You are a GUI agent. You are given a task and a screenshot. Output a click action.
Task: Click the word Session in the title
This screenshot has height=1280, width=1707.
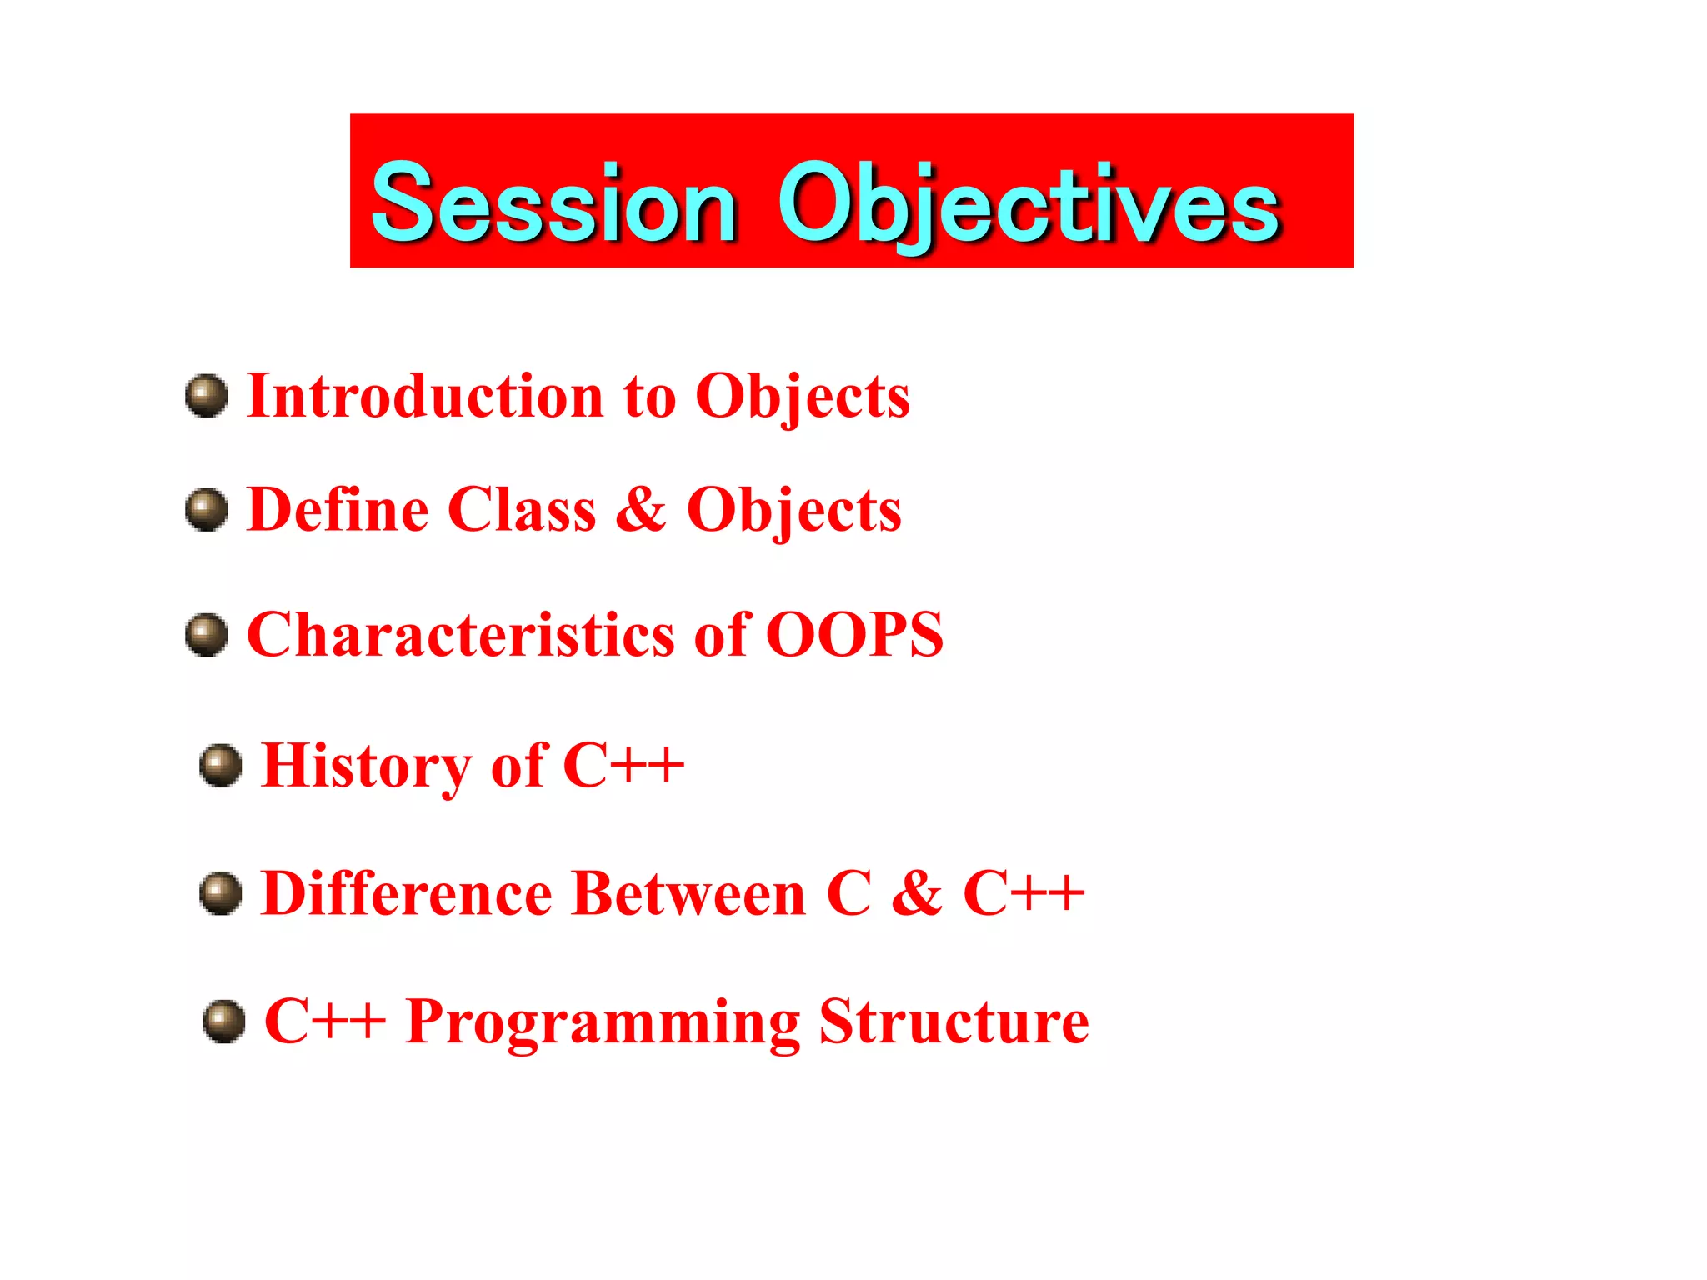click(x=554, y=204)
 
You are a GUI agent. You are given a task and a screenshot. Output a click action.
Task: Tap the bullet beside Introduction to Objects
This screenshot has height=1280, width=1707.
click(x=207, y=396)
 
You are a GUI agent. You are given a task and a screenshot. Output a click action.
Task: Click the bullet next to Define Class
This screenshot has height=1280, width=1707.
click(x=207, y=509)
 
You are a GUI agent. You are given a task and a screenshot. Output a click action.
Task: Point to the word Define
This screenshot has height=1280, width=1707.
click(x=337, y=509)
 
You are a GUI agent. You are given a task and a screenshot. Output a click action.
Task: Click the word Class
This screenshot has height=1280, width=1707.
click(x=522, y=509)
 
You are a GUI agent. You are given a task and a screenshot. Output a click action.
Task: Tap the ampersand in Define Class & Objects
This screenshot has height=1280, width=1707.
click(x=640, y=509)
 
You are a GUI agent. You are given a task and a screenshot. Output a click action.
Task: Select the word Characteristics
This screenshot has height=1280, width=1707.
click(x=460, y=635)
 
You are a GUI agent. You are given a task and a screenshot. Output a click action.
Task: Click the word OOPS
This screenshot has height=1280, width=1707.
click(x=854, y=635)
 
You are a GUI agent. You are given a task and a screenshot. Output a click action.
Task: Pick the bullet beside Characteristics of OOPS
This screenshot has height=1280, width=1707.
click(x=207, y=635)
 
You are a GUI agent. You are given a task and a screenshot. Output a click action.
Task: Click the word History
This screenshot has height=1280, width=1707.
click(x=366, y=766)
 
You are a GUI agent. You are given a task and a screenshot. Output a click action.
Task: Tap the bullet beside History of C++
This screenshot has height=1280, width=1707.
click(x=221, y=766)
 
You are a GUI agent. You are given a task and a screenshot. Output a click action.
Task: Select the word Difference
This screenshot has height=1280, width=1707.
click(x=406, y=893)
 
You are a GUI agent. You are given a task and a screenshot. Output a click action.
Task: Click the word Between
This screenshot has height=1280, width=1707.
click(x=689, y=893)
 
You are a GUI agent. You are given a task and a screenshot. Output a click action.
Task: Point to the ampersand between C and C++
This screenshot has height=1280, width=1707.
click(x=916, y=893)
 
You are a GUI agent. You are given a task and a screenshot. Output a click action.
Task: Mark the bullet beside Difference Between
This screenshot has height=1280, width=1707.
click(x=221, y=893)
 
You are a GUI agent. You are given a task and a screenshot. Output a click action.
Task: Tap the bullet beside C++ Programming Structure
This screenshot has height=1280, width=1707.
click(x=224, y=1022)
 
